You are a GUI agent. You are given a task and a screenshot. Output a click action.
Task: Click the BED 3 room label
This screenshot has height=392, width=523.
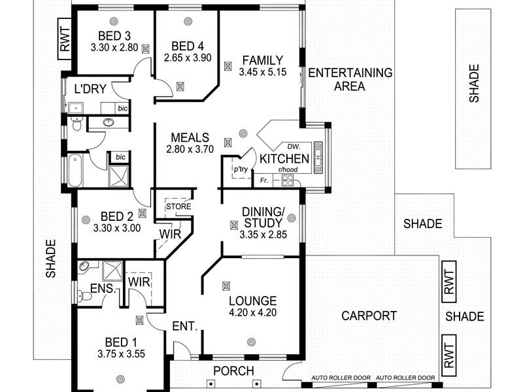tap(114, 36)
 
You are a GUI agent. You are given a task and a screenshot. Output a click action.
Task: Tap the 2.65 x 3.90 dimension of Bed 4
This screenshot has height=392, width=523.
tap(188, 58)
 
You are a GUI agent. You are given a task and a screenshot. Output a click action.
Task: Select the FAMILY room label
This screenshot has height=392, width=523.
tap(263, 60)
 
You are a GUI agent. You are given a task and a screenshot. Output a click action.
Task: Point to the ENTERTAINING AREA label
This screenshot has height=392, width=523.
tap(350, 79)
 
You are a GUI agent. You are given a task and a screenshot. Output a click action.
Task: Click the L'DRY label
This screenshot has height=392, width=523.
tap(90, 89)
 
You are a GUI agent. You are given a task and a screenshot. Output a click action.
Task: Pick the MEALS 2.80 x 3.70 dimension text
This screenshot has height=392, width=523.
tap(190, 149)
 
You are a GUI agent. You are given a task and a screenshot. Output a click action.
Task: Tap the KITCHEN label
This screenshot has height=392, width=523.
tap(284, 159)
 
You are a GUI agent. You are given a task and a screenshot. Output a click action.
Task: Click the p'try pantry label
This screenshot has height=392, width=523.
tap(241, 169)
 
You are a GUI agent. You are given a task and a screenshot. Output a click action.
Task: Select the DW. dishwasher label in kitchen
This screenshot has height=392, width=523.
tap(294, 146)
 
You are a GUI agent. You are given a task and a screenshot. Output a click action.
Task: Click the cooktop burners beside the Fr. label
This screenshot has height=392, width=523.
tap(288, 180)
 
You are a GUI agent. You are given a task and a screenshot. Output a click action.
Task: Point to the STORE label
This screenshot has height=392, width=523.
tap(178, 206)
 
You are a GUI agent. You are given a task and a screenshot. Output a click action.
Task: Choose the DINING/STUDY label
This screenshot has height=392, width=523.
tap(263, 218)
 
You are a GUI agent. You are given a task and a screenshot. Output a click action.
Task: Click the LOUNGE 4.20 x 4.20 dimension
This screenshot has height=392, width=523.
tap(252, 313)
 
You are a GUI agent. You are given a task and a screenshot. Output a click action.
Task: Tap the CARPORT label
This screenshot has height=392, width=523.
tap(369, 316)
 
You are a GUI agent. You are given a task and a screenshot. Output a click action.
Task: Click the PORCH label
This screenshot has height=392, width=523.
tap(233, 370)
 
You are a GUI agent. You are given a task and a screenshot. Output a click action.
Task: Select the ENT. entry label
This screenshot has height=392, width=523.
tap(185, 326)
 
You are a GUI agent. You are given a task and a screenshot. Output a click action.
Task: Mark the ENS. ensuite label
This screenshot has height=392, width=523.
tap(103, 288)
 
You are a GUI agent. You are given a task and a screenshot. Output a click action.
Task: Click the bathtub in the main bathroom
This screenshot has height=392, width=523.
tap(75, 171)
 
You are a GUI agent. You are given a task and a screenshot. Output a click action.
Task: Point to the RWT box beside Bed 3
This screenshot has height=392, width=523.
tap(65, 39)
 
